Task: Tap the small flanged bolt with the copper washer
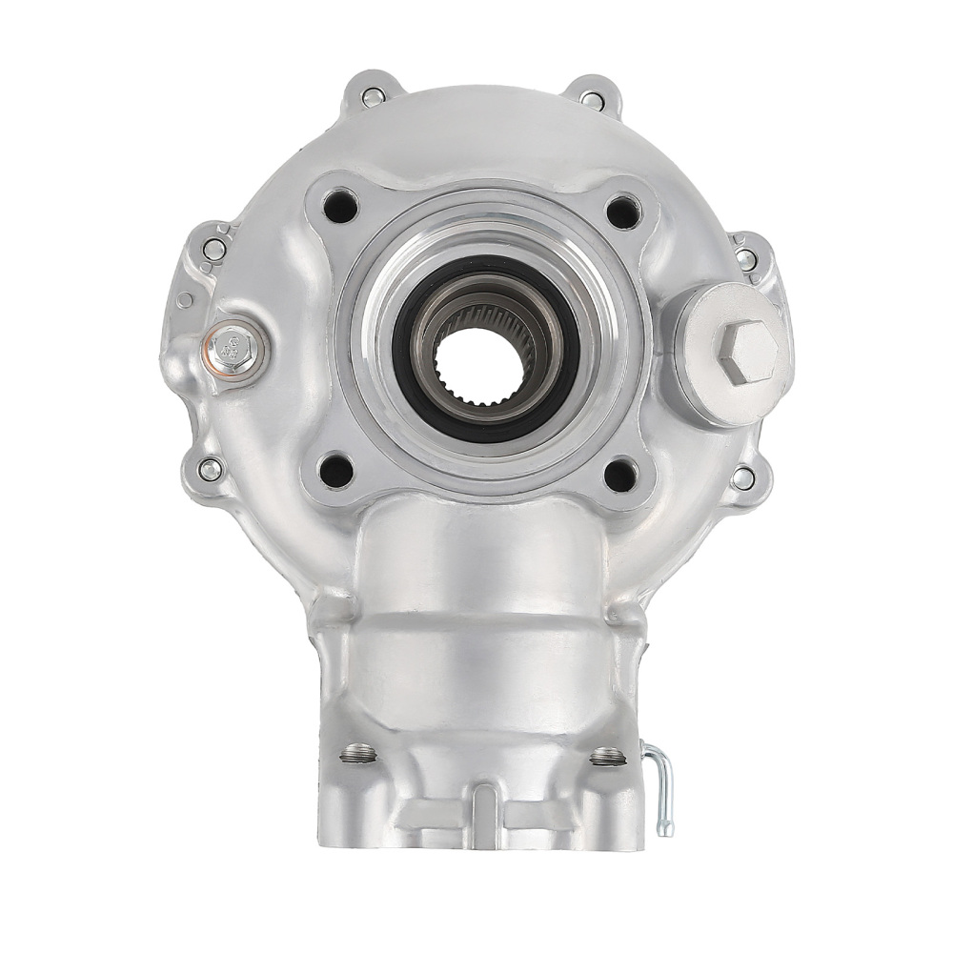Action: pos(230,348)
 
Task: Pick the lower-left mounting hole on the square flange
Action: pos(336,469)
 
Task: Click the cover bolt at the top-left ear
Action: pos(371,95)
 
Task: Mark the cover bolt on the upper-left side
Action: pos(214,250)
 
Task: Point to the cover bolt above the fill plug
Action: pos(747,258)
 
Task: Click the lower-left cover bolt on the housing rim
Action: pos(211,468)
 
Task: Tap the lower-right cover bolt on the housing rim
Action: pos(741,477)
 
